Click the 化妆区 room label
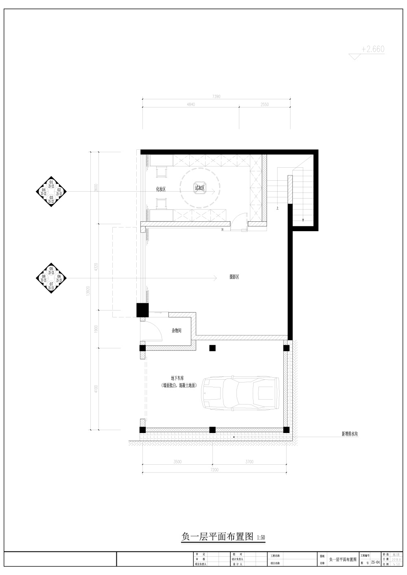tap(161, 189)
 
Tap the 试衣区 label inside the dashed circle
tap(199, 188)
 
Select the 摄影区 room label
tap(234, 277)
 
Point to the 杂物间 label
tap(176, 331)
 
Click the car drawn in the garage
tap(241, 392)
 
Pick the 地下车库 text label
tap(177, 378)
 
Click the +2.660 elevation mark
tap(372, 49)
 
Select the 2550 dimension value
tap(264, 105)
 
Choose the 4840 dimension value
tap(191, 105)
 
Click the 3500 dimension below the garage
tap(177, 462)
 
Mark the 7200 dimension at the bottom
tap(214, 470)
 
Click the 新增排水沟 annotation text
tap(349, 434)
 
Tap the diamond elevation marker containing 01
tap(51, 191)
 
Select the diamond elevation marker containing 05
tap(51, 278)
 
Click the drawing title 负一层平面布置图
tap(217, 536)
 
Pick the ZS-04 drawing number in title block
tap(375, 562)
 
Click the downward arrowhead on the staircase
tap(303, 220)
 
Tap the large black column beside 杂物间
tap(143, 310)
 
